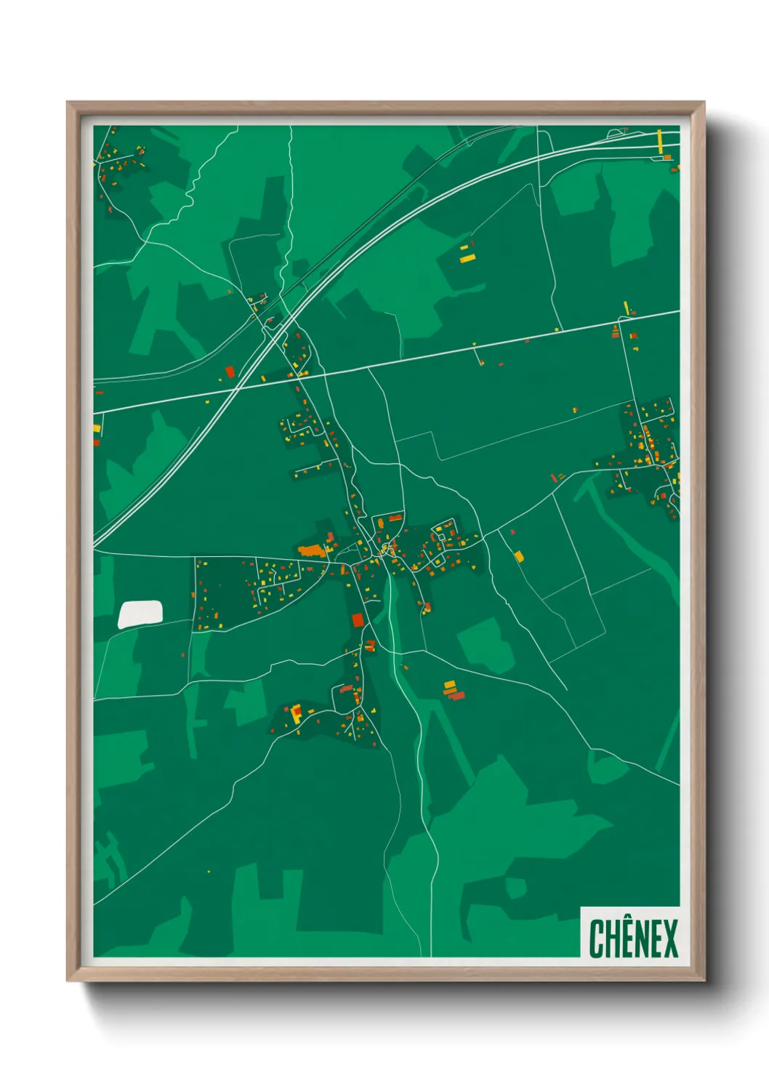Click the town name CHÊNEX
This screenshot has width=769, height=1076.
click(633, 939)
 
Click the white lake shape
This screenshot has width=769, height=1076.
click(140, 614)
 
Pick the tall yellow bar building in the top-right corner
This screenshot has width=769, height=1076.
click(660, 141)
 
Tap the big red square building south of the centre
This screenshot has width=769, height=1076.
click(357, 619)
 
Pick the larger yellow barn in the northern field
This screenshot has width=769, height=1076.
click(467, 257)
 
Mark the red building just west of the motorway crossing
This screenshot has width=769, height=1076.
click(230, 372)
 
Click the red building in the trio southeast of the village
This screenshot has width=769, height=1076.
click(456, 696)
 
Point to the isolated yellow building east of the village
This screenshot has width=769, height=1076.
click(519, 556)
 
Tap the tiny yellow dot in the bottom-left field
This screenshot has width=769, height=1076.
click(209, 871)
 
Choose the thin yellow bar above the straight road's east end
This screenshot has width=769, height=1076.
click(626, 308)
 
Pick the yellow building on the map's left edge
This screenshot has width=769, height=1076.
click(97, 428)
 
